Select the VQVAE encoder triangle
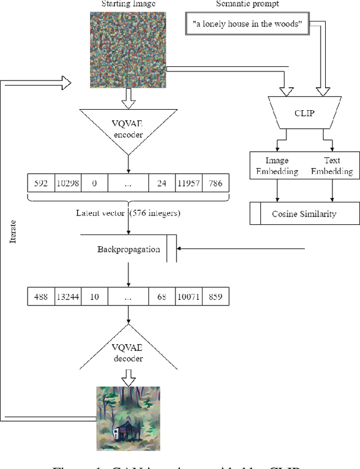tap(129, 130)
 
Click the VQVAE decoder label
tap(129, 353)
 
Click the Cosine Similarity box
tap(304, 214)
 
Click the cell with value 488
tap(41, 296)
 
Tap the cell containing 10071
tap(188, 296)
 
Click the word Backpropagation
tap(129, 249)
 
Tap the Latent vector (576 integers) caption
tap(129, 213)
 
